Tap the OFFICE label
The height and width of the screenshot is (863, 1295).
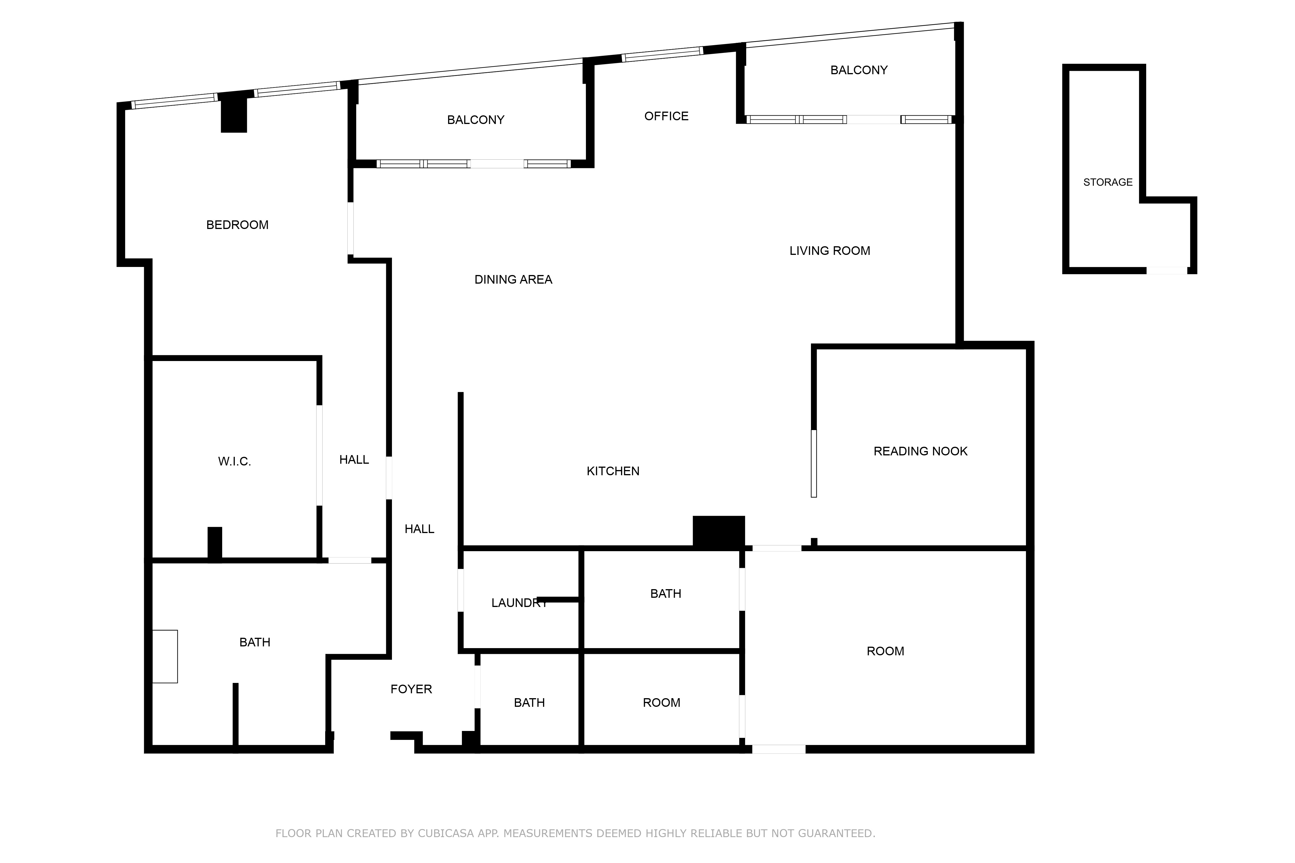pos(666,116)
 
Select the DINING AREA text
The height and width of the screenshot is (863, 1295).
pos(513,280)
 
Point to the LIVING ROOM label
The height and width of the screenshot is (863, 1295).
pos(830,251)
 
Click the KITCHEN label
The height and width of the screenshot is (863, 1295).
pos(613,471)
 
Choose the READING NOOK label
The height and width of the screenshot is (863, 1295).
pos(920,451)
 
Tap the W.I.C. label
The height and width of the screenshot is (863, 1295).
pos(235,462)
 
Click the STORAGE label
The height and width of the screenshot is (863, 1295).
pos(1108,182)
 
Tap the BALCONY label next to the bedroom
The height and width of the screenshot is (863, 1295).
pos(476,120)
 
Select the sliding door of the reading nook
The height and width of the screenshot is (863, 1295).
pos(814,463)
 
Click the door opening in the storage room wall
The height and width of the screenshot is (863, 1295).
pos(1167,270)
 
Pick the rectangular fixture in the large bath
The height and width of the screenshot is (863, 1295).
pos(165,657)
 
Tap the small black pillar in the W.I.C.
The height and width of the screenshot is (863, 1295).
pos(215,543)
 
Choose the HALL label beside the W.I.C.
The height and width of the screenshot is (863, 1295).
pos(354,460)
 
